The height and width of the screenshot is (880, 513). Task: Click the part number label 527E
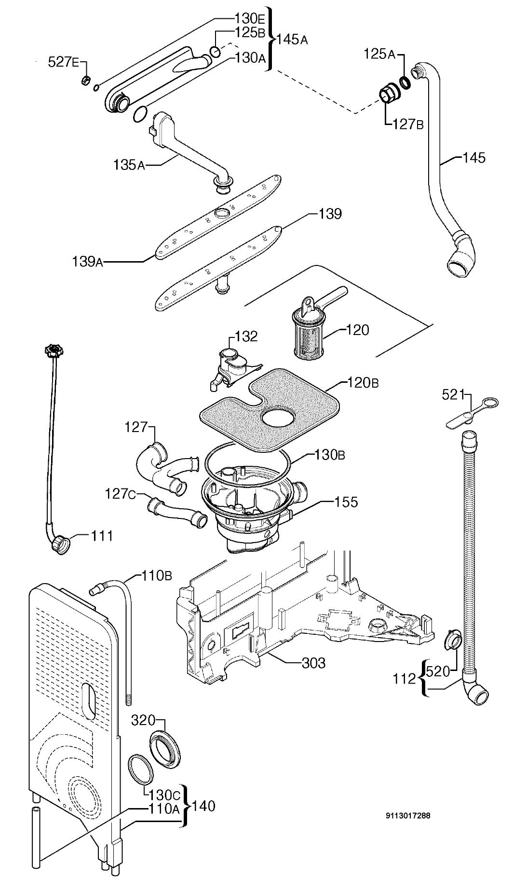pyautogui.click(x=63, y=62)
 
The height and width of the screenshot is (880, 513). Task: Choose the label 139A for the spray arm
pyautogui.click(x=87, y=262)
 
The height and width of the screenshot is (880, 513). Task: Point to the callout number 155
pyautogui.click(x=347, y=502)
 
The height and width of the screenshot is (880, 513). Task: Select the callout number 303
pyautogui.click(x=313, y=663)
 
